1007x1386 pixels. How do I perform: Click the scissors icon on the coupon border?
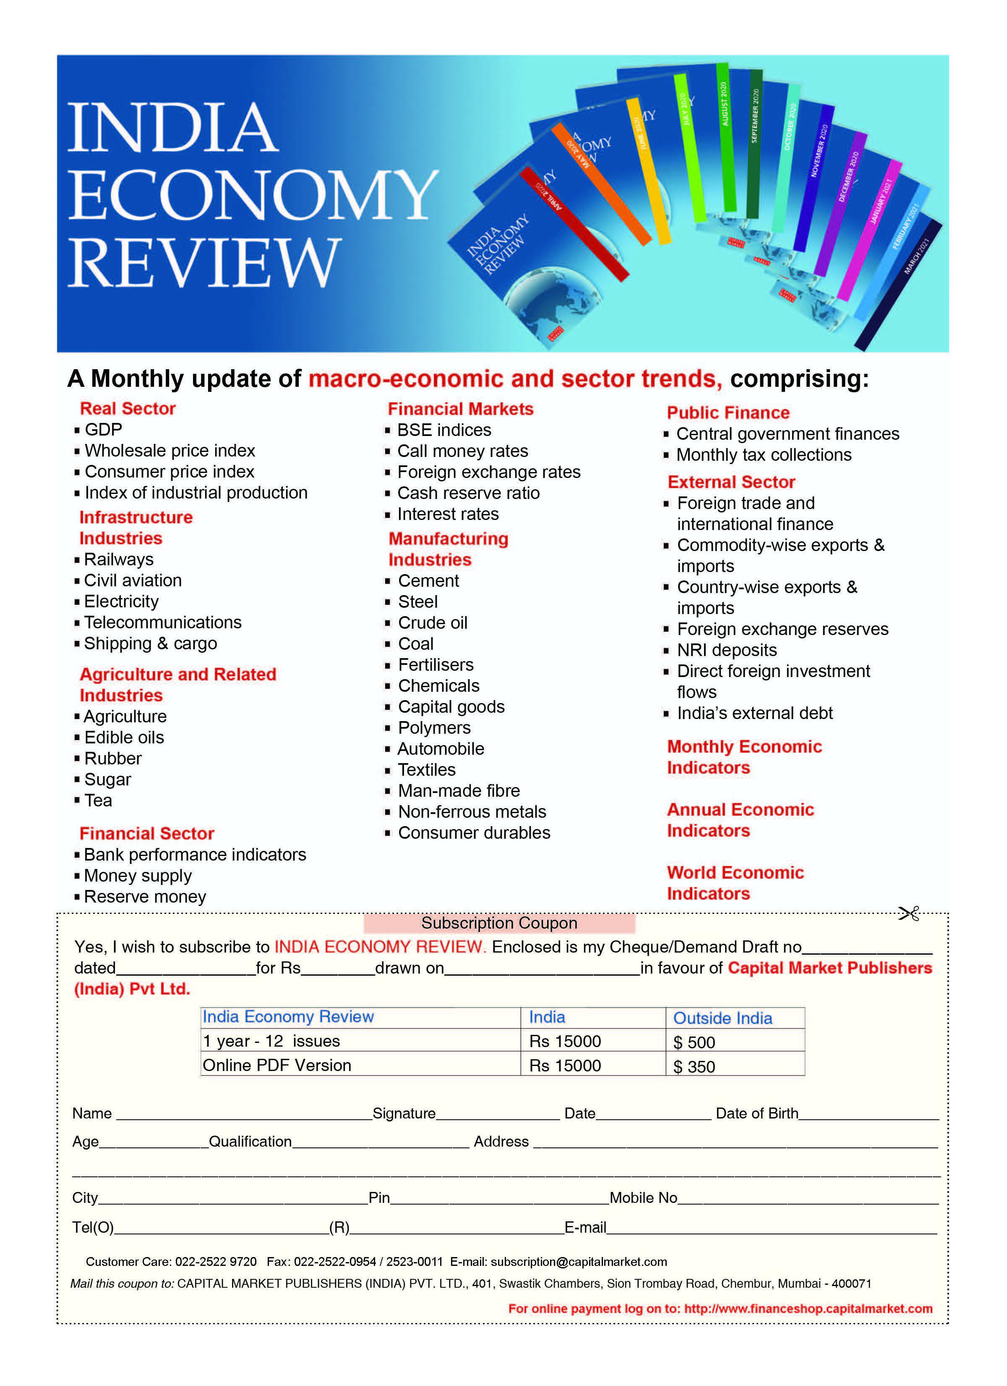click(909, 914)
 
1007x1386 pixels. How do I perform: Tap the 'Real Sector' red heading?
click(128, 408)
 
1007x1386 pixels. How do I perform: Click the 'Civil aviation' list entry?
click(133, 580)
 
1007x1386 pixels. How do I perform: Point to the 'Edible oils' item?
click(124, 737)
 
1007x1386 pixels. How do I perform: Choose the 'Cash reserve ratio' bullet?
click(468, 493)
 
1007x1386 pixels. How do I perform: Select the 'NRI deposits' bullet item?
click(727, 650)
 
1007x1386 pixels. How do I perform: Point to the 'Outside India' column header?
click(723, 1018)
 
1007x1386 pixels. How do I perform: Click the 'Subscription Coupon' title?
click(499, 923)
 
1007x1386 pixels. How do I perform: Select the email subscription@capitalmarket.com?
click(578, 1262)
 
